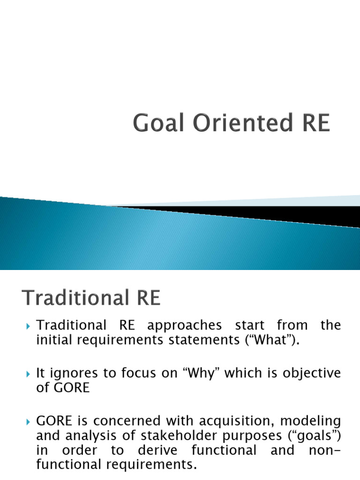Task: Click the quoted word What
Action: pyautogui.click(x=277, y=340)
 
